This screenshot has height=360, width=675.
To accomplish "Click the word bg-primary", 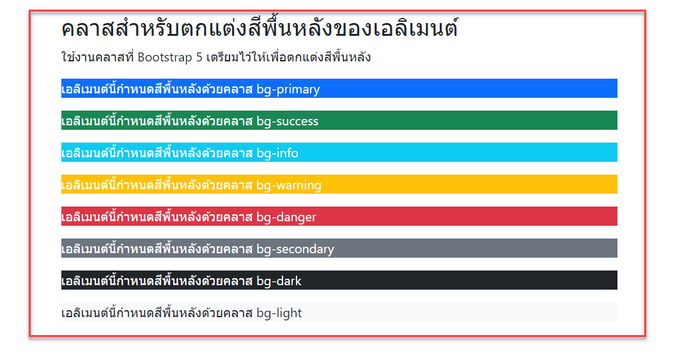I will pyautogui.click(x=288, y=90).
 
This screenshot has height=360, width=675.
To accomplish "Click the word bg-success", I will pyautogui.click(x=287, y=121).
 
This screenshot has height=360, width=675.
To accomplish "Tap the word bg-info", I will pyautogui.click(x=277, y=153).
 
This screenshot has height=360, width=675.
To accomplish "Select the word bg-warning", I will pyautogui.click(x=289, y=185).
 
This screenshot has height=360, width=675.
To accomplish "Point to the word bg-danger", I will pyautogui.click(x=286, y=217).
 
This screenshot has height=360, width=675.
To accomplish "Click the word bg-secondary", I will pyautogui.click(x=295, y=249).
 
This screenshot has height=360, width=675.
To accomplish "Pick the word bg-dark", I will pyautogui.click(x=279, y=281).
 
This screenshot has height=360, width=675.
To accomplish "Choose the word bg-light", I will pyautogui.click(x=279, y=313).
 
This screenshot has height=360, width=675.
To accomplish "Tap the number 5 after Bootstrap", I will pyautogui.click(x=199, y=58).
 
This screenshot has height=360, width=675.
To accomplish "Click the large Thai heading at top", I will pyautogui.click(x=260, y=29).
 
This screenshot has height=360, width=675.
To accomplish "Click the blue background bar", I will pyautogui.click(x=467, y=89).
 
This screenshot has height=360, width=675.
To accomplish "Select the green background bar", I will pyautogui.click(x=467, y=121).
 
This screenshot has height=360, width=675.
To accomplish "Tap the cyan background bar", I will pyautogui.click(x=467, y=153).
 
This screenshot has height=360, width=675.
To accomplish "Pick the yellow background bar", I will pyautogui.click(x=467, y=185).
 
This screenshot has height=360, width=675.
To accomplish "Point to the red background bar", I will pyautogui.click(x=467, y=217).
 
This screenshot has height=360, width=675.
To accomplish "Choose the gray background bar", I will pyautogui.click(x=467, y=249).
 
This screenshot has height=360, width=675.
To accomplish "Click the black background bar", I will pyautogui.click(x=467, y=281).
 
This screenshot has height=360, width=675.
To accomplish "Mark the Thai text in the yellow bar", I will pyautogui.click(x=157, y=185).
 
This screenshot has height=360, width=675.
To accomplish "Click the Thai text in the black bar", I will pyautogui.click(x=157, y=281).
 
